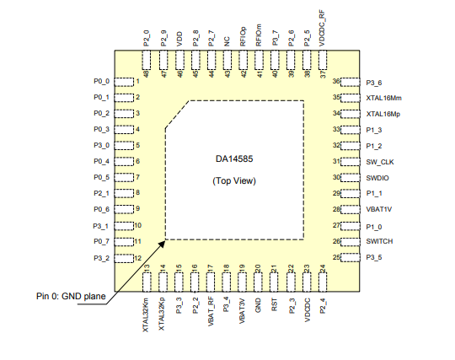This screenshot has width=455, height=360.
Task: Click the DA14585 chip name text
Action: click(234, 159)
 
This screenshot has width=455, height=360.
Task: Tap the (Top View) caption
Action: click(234, 181)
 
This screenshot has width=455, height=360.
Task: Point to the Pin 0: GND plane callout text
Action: click(71, 296)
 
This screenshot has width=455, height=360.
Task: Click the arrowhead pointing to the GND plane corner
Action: click(162, 244)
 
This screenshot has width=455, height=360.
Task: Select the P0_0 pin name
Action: click(102, 81)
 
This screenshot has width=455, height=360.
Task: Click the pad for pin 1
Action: click(124, 82)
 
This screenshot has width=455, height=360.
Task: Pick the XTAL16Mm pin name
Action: click(383, 98)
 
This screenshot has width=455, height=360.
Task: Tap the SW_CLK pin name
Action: click(380, 162)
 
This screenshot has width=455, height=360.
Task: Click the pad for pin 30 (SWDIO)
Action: click(350, 178)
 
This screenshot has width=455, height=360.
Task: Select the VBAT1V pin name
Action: click(378, 209)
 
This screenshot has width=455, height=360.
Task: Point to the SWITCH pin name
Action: click(379, 241)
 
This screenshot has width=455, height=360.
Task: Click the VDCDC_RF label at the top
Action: click(322, 28)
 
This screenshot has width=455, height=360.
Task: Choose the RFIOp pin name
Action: click(243, 36)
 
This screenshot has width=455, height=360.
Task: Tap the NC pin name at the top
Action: click(227, 41)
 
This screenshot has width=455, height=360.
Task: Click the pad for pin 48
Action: click(147, 60)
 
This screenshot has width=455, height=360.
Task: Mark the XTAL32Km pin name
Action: click(146, 315)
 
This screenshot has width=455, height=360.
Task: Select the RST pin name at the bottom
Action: click(274, 305)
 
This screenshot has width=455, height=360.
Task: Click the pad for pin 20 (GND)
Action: click(258, 282)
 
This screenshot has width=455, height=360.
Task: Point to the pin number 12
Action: click(138, 258)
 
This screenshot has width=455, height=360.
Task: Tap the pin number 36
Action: click(336, 81)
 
